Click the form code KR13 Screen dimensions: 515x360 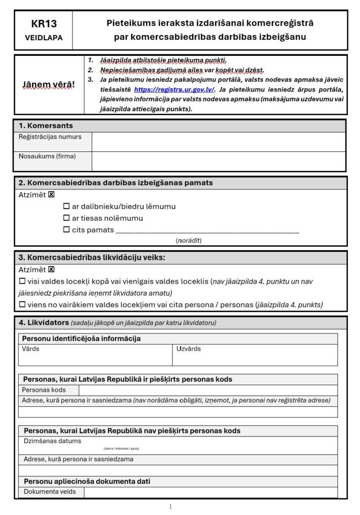tap(44, 24)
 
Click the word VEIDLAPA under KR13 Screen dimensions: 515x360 tap(44, 38)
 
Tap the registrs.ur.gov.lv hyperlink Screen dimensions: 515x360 tap(174, 90)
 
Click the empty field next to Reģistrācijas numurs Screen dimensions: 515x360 tap(218, 142)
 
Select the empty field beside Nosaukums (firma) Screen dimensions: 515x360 tap(218, 161)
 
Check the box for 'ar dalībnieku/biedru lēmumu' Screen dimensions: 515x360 tap(66, 206)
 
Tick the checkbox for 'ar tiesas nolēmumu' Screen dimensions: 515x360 tap(66, 218)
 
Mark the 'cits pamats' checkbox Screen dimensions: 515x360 tap(66, 230)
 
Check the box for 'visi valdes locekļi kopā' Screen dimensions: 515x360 tap(22, 282)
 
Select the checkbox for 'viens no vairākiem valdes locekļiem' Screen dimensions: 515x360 tap(22, 304)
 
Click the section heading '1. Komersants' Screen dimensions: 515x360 tap(46, 126)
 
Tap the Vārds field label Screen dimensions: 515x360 tap(31, 349)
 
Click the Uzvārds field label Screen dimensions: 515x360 tap(189, 349)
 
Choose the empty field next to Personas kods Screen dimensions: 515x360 tap(208, 390)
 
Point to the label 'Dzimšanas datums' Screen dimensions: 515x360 tap(52, 441)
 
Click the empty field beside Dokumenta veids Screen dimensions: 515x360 tap(210, 492)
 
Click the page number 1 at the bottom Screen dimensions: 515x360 tap(170, 506)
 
